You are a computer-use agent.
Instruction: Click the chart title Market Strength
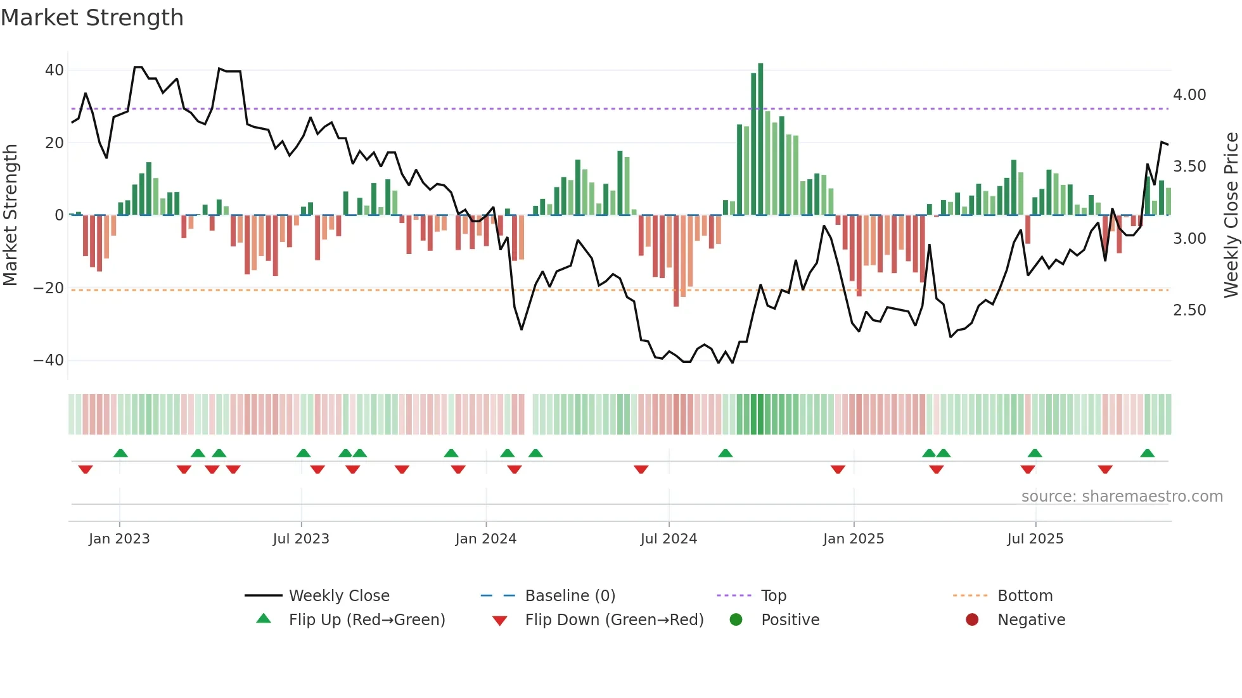pyautogui.click(x=92, y=18)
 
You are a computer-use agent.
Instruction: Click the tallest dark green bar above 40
pyautogui.click(x=760, y=139)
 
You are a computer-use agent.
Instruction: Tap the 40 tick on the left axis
pyautogui.click(x=54, y=70)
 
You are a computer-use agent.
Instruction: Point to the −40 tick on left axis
pyautogui.click(x=49, y=360)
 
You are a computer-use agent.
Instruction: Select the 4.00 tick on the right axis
pyautogui.click(x=1189, y=95)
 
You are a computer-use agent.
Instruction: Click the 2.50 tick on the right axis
pyautogui.click(x=1189, y=310)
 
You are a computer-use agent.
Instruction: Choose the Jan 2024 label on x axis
pyautogui.click(x=485, y=539)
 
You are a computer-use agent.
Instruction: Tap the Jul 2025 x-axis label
pyautogui.click(x=1035, y=539)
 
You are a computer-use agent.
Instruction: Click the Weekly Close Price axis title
pyautogui.click(x=1231, y=215)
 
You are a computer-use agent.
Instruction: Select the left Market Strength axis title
pyautogui.click(x=11, y=215)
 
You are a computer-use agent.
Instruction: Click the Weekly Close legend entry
pyautogui.click(x=338, y=596)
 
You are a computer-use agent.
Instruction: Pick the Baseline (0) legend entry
pyautogui.click(x=570, y=596)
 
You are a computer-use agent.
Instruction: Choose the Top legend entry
pyautogui.click(x=773, y=596)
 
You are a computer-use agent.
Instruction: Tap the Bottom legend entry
pyautogui.click(x=1025, y=596)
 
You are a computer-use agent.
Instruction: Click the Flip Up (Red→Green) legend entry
pyautogui.click(x=366, y=620)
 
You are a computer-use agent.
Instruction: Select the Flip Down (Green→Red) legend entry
pyautogui.click(x=613, y=620)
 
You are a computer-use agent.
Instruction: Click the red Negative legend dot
pyautogui.click(x=972, y=620)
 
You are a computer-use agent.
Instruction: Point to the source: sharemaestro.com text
pyautogui.click(x=1122, y=497)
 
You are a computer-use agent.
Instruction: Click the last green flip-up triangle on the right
pyautogui.click(x=1147, y=454)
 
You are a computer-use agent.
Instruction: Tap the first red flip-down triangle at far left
pyautogui.click(x=86, y=469)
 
